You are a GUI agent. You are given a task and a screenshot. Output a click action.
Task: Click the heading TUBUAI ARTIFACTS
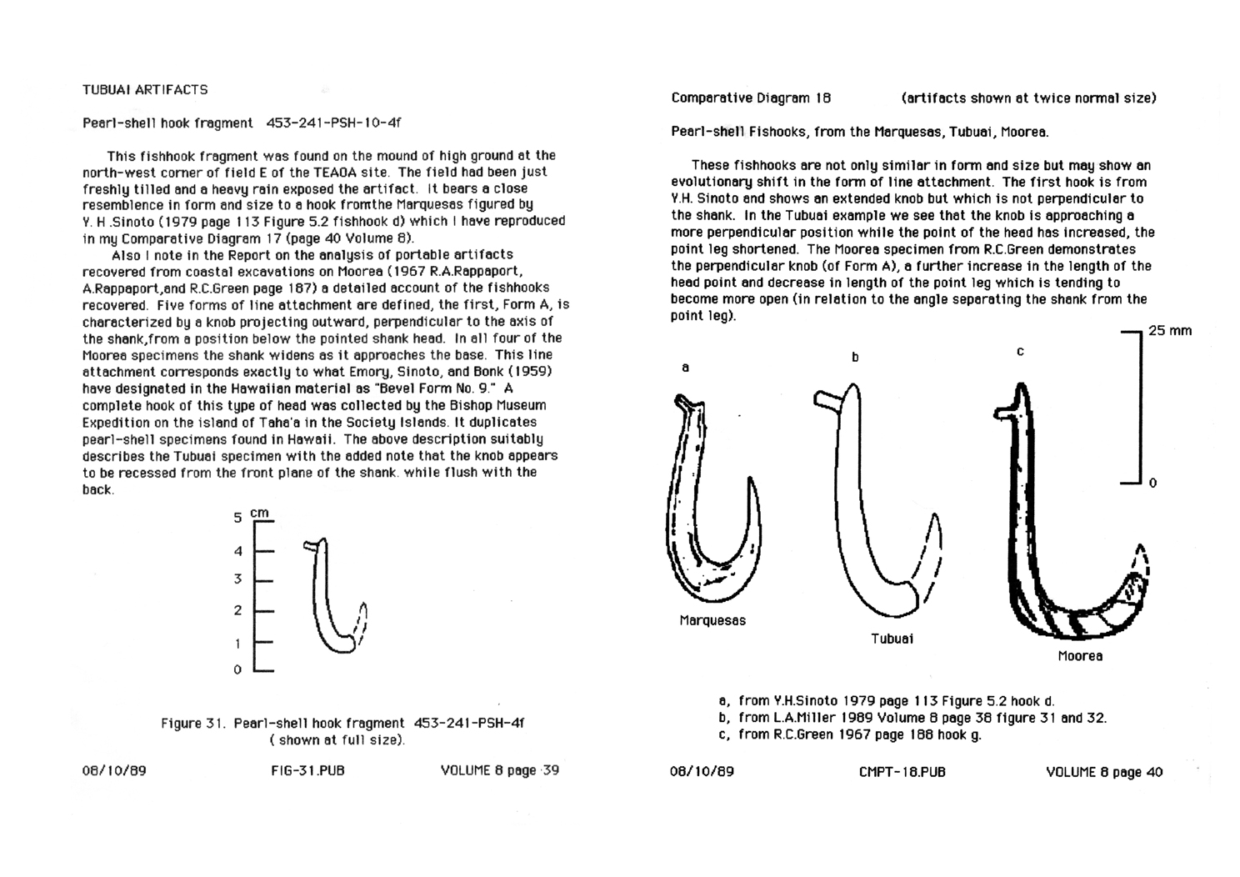pos(145,89)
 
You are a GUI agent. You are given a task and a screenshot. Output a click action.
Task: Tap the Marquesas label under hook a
pos(712,620)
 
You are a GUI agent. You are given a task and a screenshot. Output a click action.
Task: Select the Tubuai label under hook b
pos(892,639)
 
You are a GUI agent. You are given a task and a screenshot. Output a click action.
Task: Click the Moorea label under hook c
pos(1080,656)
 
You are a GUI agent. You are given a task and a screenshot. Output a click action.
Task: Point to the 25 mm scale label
pos(1169,331)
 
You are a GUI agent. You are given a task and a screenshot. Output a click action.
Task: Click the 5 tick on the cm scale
pos(237,518)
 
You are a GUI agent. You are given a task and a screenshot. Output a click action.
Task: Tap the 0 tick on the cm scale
pos(237,669)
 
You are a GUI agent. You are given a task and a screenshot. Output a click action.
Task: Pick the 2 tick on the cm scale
pos(237,610)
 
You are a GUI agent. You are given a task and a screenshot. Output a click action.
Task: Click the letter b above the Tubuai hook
pos(854,358)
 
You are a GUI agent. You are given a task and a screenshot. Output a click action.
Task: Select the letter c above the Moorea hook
pos(1020,352)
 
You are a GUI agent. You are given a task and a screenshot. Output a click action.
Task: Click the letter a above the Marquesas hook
pos(685,367)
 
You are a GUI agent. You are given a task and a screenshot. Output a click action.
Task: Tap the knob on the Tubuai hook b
pos(825,400)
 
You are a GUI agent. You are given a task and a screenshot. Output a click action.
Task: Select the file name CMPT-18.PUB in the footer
pos(902,772)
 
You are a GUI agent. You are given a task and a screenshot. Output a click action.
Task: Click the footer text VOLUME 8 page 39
pos(499,771)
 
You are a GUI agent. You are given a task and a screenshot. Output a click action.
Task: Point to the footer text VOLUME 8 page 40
pos(1103,772)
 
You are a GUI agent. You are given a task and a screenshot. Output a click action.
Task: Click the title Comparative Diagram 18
pos(751,98)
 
